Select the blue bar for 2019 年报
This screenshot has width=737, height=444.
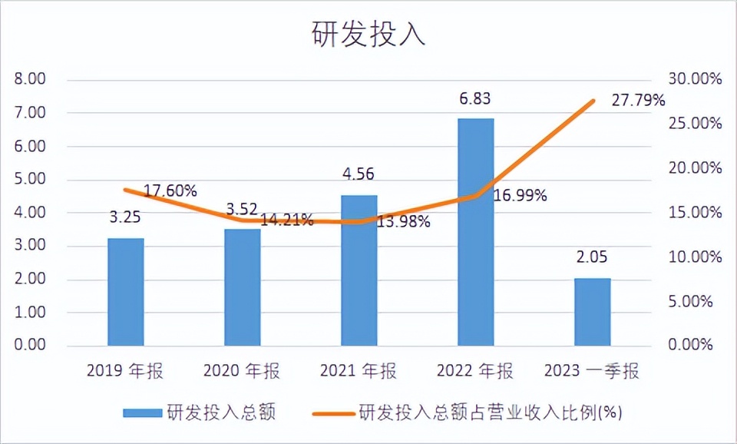coord(125,292)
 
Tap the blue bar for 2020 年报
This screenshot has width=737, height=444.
coord(242,287)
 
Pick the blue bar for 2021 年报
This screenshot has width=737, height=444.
coord(359,270)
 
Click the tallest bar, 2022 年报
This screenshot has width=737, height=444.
coord(475,232)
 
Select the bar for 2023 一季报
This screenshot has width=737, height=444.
coord(592,312)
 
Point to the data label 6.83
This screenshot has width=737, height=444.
coord(474,98)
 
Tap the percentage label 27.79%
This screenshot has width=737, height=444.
coord(638,101)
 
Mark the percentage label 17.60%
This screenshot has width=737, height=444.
coord(170,191)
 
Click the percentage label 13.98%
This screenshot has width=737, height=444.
coord(402,223)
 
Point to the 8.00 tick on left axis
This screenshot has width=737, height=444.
coord(30,79)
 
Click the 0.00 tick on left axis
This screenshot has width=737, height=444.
coord(30,346)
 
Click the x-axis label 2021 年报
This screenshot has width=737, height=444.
coord(359,372)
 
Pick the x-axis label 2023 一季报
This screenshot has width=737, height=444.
coord(592,372)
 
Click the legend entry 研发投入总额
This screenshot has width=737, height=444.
coord(200,413)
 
